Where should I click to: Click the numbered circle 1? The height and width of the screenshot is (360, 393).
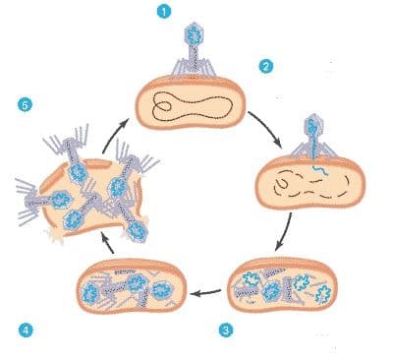164,12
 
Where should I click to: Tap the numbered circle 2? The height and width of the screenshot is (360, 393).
266,67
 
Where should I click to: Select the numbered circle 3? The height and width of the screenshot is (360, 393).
226,330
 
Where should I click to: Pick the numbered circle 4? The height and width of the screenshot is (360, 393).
26,330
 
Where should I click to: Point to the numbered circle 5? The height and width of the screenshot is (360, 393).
25,105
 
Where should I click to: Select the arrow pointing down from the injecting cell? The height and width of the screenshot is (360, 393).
285,232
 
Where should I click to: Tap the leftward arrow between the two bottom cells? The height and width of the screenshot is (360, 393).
205,292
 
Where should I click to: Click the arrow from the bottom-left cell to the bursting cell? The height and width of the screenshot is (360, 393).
106,243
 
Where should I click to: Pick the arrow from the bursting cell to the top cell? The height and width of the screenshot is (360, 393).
113,135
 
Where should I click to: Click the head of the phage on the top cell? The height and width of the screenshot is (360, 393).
194,34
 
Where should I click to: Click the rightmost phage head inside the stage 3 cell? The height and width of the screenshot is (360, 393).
322,292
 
